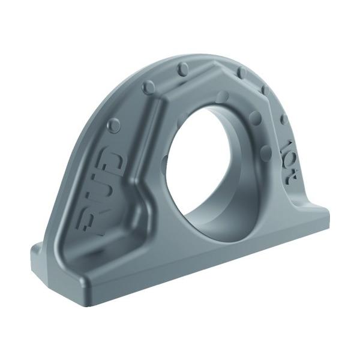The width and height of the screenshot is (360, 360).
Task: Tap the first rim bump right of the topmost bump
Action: tap(241, 72)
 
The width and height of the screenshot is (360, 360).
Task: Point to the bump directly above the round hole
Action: tap(223, 96)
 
